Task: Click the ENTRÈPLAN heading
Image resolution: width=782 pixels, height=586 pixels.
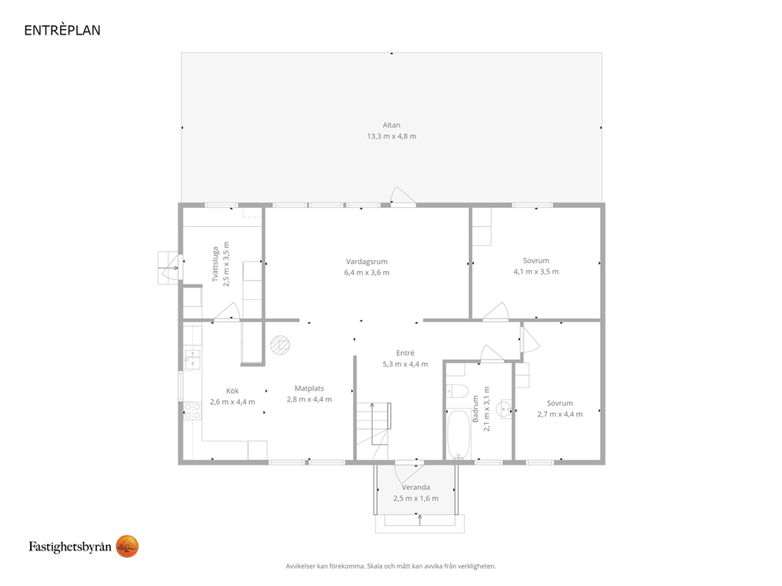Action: point(62,30)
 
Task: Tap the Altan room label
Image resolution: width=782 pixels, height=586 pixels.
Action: point(392,125)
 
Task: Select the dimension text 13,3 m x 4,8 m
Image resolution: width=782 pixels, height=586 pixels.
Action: point(392,136)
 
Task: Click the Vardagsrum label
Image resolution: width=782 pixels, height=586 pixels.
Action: point(367,261)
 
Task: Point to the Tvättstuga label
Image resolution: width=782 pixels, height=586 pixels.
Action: point(215,264)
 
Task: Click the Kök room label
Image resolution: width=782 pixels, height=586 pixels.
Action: point(233,391)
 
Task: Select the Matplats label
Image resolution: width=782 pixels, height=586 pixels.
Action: point(309,388)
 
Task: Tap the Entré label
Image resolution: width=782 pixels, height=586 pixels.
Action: point(405,353)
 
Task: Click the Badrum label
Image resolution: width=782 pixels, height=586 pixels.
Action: point(475,409)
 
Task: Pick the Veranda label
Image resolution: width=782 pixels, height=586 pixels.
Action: point(416,488)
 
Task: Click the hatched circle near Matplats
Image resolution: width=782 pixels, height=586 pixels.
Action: point(281,345)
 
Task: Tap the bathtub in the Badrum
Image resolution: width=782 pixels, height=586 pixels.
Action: point(458,434)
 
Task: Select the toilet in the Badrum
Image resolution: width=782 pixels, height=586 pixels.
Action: point(456,391)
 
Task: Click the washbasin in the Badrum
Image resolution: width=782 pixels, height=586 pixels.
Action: point(506,410)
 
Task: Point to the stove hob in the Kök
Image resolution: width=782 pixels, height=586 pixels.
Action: point(192,411)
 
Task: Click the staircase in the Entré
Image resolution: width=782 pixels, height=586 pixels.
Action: point(373,431)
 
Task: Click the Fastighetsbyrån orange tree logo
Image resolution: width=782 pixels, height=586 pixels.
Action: point(127,547)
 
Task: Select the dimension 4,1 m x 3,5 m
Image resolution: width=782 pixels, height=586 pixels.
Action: point(536,272)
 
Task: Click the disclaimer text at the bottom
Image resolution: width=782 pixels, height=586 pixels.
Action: point(391,566)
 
